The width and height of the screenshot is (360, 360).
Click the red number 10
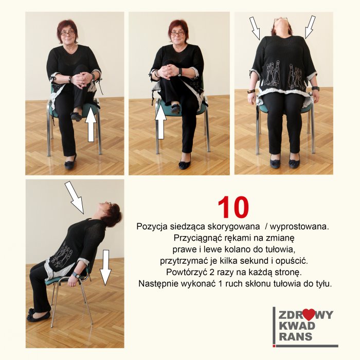tap(233, 207)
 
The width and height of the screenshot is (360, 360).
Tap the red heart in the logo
tap(309, 314)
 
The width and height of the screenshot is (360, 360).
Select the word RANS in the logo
tap(296, 336)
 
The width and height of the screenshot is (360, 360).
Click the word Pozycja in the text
tap(152, 227)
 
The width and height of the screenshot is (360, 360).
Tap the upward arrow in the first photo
tap(91, 124)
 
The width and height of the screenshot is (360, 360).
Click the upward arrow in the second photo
tap(160, 123)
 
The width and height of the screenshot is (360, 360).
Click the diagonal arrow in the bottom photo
tap(75, 197)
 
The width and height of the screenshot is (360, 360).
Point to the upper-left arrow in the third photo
tap(255, 28)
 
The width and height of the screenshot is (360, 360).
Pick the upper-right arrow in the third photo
tap(310, 27)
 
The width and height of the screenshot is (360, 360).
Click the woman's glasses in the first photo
tap(68, 33)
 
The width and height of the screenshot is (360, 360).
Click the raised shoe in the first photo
tap(77, 116)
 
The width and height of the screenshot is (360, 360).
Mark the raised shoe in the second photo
tap(176, 109)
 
